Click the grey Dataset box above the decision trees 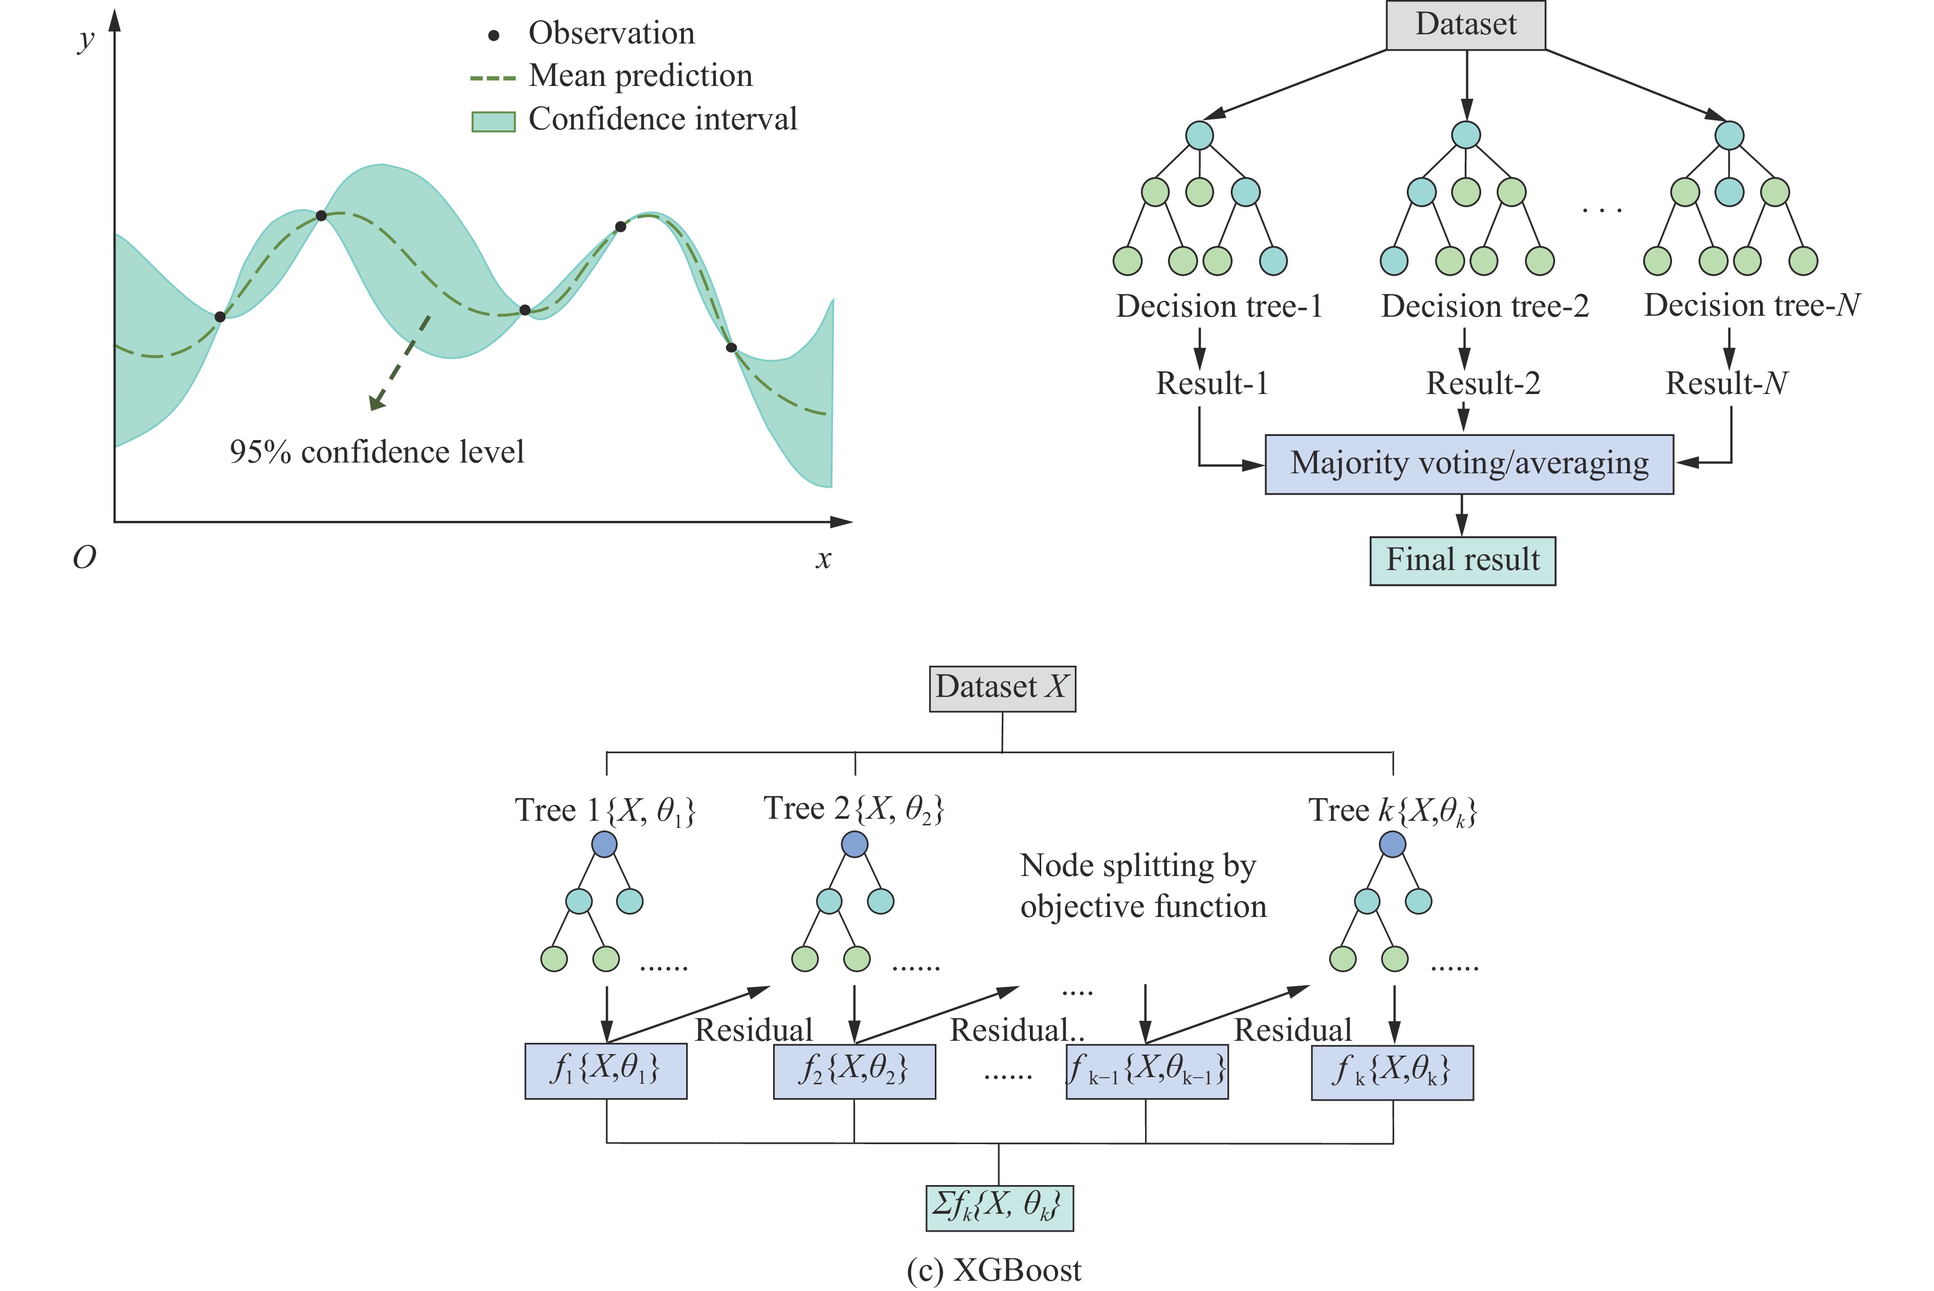coord(1465,25)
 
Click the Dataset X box coord(1001,688)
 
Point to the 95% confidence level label coord(376,452)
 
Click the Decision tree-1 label coord(1219,307)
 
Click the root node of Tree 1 coord(604,844)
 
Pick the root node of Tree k coord(1392,844)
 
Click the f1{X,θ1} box coord(605,1071)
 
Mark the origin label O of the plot coord(84,558)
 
